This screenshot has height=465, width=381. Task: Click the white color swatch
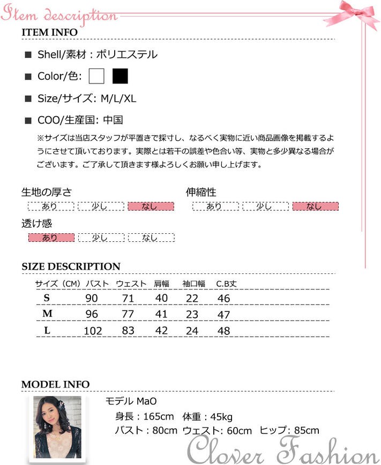pyautogui.click(x=97, y=77)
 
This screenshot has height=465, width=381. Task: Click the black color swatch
pyautogui.click(x=120, y=77)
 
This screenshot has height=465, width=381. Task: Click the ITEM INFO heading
pyautogui.click(x=49, y=32)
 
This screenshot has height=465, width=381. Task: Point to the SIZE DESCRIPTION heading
pyautogui.click(x=71, y=266)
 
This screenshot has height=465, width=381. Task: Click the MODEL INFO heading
pyautogui.click(x=55, y=385)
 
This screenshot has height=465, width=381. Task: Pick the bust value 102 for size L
pyautogui.click(x=93, y=331)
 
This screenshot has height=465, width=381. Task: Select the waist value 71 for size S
pyautogui.click(x=128, y=298)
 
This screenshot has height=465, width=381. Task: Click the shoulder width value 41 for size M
pyautogui.click(x=161, y=315)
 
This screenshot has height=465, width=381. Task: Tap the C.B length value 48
pyautogui.click(x=223, y=331)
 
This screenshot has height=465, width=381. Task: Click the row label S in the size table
pyautogui.click(x=47, y=298)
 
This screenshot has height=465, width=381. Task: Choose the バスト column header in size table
pyautogui.click(x=98, y=284)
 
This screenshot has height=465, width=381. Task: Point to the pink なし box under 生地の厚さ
pyautogui.click(x=151, y=207)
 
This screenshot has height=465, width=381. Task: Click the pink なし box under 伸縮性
pyautogui.click(x=315, y=207)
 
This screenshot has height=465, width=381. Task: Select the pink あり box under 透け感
pyautogui.click(x=51, y=238)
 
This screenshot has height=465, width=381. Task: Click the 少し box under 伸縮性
pyautogui.click(x=265, y=207)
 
